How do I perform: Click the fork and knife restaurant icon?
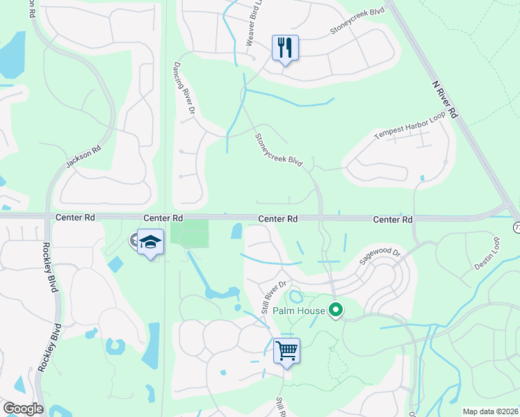click(x=285, y=48)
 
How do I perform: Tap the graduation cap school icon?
click(x=150, y=242)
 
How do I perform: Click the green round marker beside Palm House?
click(x=336, y=310)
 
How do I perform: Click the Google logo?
click(x=23, y=409)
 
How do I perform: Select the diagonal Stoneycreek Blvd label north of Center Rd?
click(x=278, y=149)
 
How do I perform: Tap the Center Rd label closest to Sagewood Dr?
click(x=393, y=219)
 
